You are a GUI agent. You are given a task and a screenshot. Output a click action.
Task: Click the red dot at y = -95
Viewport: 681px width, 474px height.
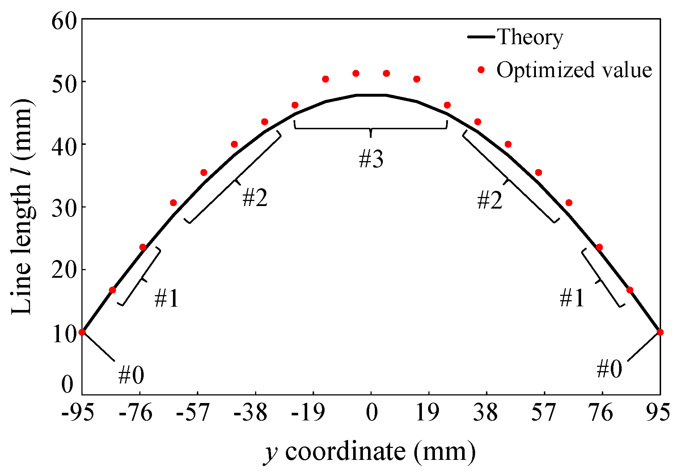[x=82, y=332]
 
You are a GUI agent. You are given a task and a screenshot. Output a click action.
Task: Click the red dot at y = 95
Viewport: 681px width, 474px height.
[x=660, y=332]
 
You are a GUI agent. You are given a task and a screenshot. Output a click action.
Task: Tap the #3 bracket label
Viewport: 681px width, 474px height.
[x=371, y=159]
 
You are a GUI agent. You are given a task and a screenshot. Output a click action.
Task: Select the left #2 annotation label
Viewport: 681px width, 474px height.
[x=255, y=198]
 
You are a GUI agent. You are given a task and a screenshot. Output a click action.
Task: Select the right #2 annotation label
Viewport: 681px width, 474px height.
[x=490, y=200]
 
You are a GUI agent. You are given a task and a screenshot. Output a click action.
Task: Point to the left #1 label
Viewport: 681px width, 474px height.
[x=166, y=298]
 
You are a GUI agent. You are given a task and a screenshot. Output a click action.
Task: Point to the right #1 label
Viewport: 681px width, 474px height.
[x=572, y=298]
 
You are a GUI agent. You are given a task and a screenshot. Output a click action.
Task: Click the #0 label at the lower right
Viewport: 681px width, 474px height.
[x=609, y=369]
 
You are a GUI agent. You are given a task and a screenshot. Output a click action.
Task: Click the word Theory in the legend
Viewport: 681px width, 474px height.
[x=530, y=37]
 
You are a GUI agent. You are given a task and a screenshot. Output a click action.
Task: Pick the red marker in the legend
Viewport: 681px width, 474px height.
[x=481, y=70]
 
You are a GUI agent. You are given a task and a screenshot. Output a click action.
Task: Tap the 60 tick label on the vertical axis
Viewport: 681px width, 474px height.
[x=64, y=21]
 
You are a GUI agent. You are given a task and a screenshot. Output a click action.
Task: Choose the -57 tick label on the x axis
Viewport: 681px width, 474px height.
[x=193, y=412]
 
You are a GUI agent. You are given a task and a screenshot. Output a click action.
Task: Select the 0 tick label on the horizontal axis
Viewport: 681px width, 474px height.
[x=372, y=412]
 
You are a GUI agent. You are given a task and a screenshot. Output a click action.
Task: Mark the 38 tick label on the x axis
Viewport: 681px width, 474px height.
[x=486, y=412]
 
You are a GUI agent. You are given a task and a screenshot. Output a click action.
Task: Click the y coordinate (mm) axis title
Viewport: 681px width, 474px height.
[x=369, y=452]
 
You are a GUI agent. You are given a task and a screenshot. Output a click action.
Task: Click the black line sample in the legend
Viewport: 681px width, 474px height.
[x=481, y=37]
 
